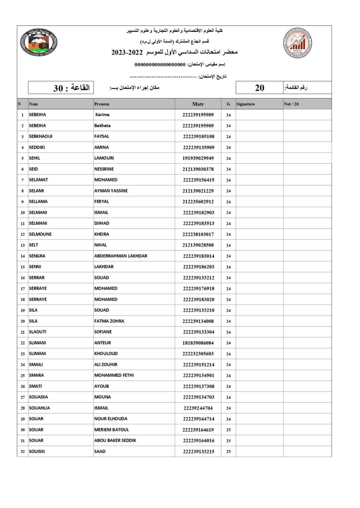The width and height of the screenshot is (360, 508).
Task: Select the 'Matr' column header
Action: click(x=198, y=104)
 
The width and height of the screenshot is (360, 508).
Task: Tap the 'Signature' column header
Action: click(x=246, y=104)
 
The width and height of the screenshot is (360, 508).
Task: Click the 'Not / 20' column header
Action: click(x=291, y=104)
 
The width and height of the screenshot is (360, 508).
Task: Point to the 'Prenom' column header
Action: click(x=101, y=104)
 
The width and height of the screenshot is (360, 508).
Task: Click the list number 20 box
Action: click(x=259, y=88)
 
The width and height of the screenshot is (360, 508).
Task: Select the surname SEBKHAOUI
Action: click(x=41, y=136)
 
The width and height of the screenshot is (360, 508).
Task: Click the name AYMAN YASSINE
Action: click(x=111, y=191)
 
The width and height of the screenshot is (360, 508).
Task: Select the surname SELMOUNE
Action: click(x=40, y=234)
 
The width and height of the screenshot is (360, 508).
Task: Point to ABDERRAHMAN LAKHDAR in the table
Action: click(x=121, y=256)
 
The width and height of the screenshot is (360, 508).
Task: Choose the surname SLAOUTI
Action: click(x=38, y=332)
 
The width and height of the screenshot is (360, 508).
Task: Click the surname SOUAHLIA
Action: click(x=39, y=408)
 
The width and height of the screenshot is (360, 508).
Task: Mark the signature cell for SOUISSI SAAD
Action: click(x=259, y=451)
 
